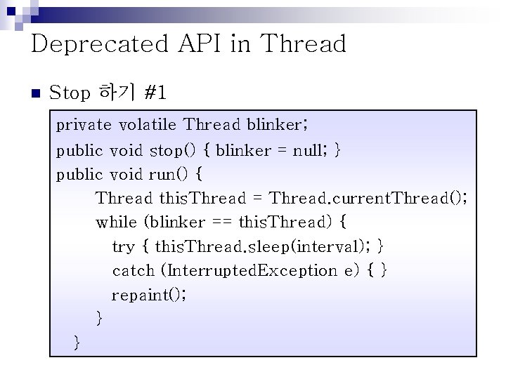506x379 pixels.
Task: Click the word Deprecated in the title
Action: pyautogui.click(x=99, y=44)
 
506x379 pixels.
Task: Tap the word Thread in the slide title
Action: pyautogui.click(x=304, y=44)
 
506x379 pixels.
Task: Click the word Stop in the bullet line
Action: pyautogui.click(x=71, y=93)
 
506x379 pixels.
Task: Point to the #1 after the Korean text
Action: pyautogui.click(x=155, y=93)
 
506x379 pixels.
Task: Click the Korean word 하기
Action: pyautogui.click(x=117, y=92)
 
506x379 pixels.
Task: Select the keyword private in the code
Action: pyautogui.click(x=84, y=126)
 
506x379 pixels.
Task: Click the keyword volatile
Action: pyautogui.click(x=148, y=126)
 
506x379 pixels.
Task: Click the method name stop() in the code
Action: pyautogui.click(x=176, y=150)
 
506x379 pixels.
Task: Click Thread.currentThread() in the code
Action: pyautogui.click(x=367, y=198)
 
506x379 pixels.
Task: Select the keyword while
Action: pyautogui.click(x=117, y=222)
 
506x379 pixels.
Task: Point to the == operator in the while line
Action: pyautogui.click(x=220, y=222)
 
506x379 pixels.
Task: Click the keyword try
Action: pyautogui.click(x=123, y=246)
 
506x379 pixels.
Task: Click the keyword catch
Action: pyautogui.click(x=133, y=271)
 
